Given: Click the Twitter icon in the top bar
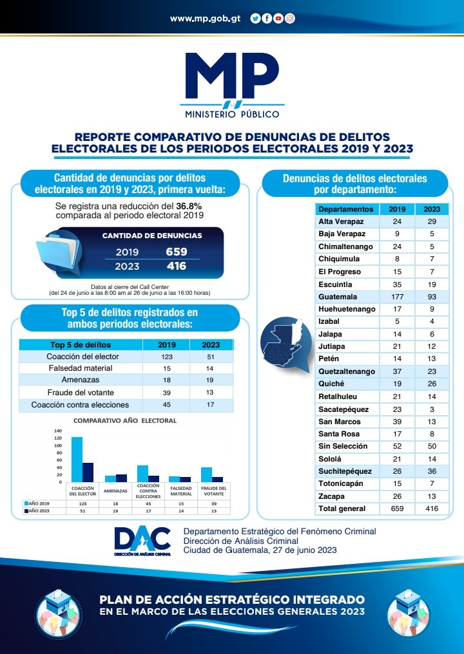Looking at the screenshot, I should coord(255,19).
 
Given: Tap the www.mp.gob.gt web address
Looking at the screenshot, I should coord(205,19).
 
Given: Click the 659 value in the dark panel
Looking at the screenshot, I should coord(176,252).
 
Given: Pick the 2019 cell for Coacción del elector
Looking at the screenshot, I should coord(166,356).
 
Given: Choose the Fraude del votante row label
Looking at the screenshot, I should coord(81,393).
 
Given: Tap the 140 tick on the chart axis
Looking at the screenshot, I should coord(57,431).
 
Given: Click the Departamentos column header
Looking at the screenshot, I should coord(345,209).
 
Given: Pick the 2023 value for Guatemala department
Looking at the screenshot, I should coord(432,296).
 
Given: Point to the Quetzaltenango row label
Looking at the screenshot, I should coord(346,371).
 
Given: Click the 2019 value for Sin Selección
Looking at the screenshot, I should coord(397,446).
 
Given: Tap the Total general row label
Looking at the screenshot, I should coord(342,509).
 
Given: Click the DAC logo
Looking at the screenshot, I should coord(142,541).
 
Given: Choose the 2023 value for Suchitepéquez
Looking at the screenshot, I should coord(432,471).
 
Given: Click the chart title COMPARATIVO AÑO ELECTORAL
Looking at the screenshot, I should coord(125,420).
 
